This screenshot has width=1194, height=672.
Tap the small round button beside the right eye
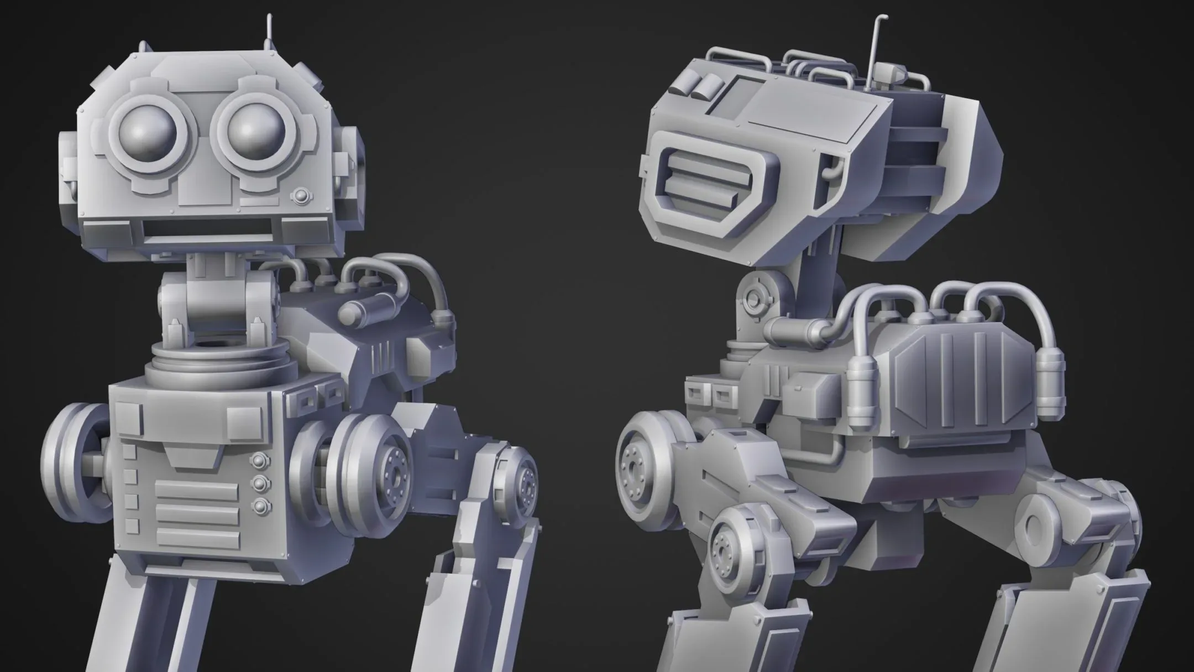click(x=301, y=196)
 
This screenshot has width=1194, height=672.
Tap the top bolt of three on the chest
click(x=259, y=460)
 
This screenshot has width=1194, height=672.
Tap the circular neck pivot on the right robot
click(x=752, y=299)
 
